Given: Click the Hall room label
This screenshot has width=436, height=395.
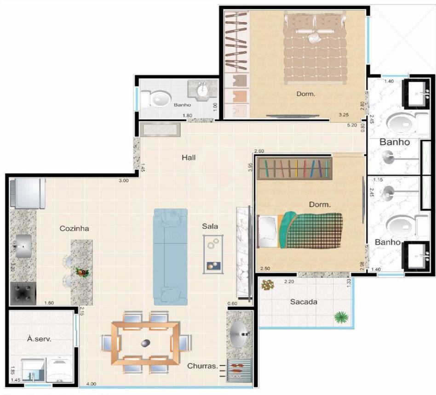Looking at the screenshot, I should [x=189, y=158].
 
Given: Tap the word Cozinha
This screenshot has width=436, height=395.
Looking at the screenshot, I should [x=74, y=228].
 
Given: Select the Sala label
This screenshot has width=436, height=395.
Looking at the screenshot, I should [x=210, y=226].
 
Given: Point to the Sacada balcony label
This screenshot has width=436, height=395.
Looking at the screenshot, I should [x=304, y=302].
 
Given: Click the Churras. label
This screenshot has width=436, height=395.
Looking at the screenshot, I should [x=202, y=366].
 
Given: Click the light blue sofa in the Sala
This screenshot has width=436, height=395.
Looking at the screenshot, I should [x=170, y=256].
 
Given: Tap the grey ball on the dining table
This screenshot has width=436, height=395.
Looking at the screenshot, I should [x=145, y=342].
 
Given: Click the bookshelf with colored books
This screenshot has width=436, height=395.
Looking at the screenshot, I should [x=295, y=168].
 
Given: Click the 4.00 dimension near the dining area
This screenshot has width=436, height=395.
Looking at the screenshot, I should [x=91, y=384].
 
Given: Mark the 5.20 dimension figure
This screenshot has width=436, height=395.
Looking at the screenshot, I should [x=352, y=124].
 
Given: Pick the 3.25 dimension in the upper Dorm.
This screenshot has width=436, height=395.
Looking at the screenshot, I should [x=344, y=114].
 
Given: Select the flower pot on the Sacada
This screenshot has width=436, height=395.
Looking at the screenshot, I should [x=267, y=285].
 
